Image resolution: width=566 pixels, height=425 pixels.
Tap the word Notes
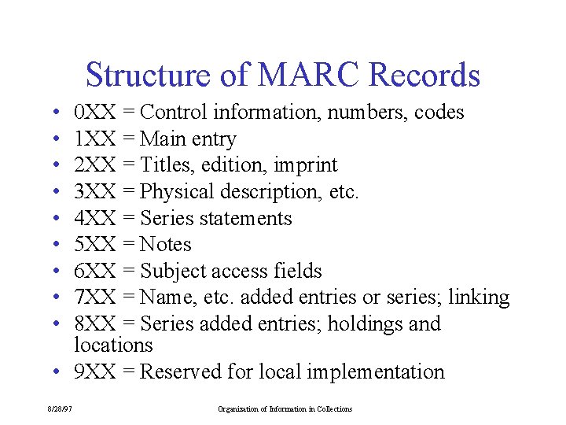166,245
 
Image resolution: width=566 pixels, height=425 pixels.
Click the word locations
113,345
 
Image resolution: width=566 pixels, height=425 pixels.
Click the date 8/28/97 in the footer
61,409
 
